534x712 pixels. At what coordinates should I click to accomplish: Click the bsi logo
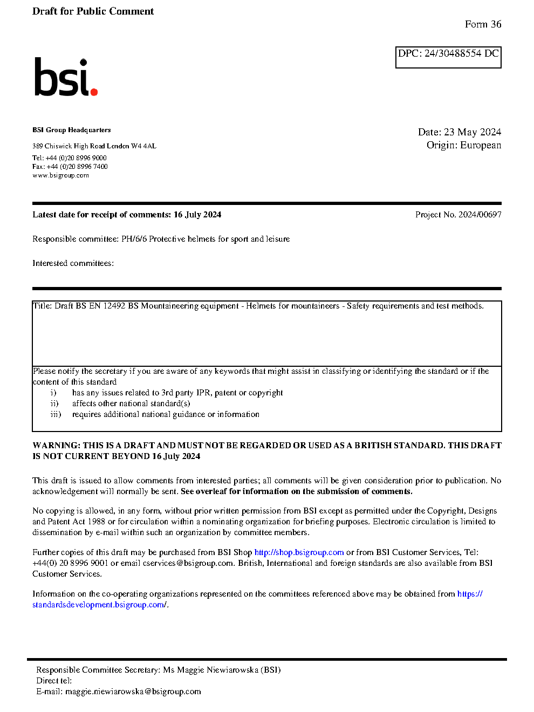[65, 78]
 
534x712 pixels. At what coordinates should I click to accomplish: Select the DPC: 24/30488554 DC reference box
[448, 57]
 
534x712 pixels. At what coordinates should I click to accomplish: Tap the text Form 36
[483, 24]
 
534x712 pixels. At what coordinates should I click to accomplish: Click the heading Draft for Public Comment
[93, 11]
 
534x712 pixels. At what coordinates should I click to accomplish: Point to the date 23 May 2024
[472, 132]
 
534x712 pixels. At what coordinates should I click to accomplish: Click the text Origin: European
[463, 145]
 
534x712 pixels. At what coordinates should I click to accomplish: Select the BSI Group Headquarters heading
[71, 130]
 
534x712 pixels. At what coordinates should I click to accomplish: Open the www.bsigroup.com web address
[60, 175]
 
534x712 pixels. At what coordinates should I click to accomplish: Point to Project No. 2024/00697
[458, 215]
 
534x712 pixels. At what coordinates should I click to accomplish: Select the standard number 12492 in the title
[114, 306]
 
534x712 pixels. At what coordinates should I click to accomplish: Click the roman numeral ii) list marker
[54, 403]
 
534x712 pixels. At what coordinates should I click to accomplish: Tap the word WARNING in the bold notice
[56, 446]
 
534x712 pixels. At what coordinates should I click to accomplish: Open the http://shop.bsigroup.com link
[299, 552]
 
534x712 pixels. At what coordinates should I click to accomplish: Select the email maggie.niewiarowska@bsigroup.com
[133, 692]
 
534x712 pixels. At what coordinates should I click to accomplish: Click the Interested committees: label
[73, 263]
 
